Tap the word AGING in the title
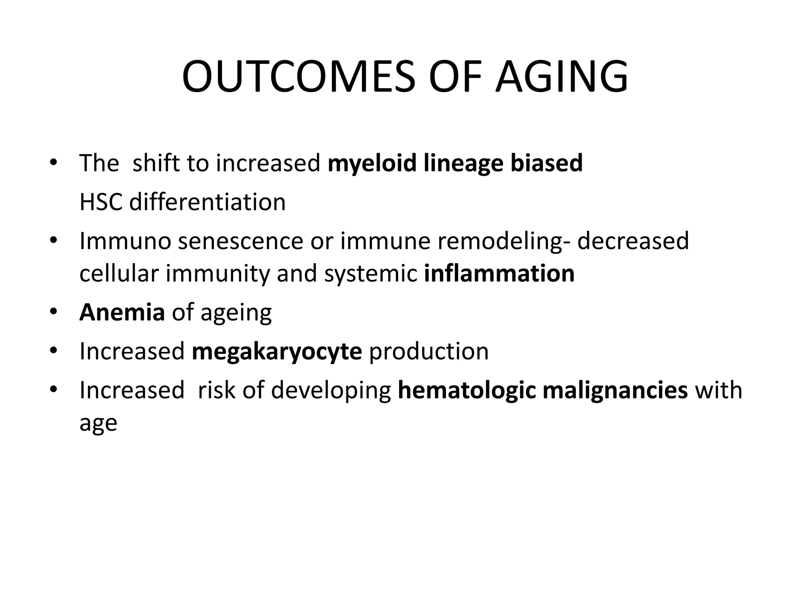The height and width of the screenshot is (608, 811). point(562,76)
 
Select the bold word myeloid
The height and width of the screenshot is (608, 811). point(372,163)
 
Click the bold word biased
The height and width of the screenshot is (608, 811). point(546,163)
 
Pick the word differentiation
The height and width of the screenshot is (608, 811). point(207,202)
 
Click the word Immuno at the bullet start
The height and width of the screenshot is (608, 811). point(125,241)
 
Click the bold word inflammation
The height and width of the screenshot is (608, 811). point(499,273)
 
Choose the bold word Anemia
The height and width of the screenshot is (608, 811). point(122,312)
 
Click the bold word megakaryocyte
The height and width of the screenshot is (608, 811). point(277,351)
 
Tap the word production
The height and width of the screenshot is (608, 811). point(429,351)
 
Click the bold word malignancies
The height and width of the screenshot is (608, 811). point(615,390)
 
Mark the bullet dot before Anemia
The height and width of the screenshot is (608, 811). point(53,312)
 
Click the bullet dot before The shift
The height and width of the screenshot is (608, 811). point(53,163)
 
